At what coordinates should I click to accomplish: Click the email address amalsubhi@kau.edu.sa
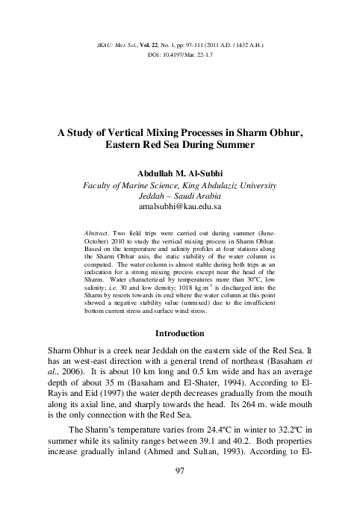[180, 205]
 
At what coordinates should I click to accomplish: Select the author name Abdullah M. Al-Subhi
[180, 171]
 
